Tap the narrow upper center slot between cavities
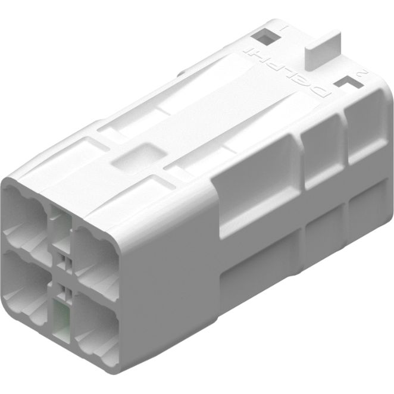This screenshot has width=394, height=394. [60, 226]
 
